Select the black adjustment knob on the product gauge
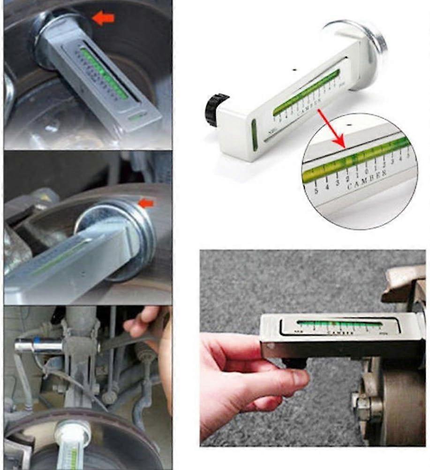coord(216,109)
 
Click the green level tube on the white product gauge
coord(307,92)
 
